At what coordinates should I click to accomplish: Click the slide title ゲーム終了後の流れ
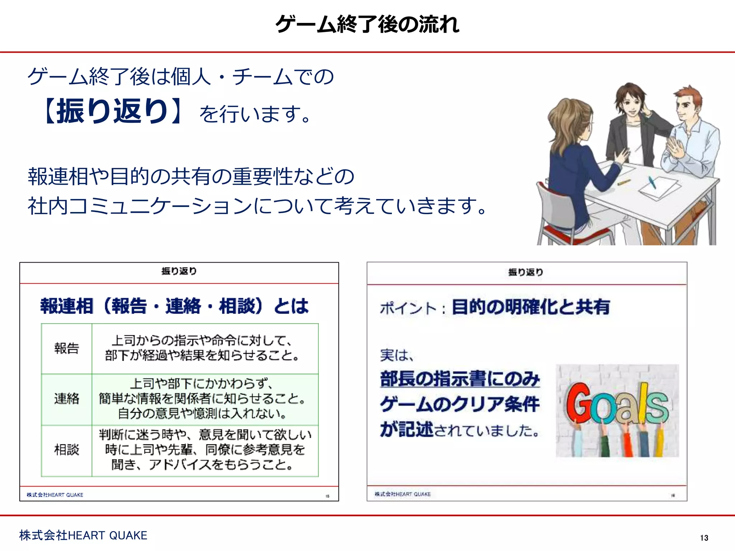click(367, 24)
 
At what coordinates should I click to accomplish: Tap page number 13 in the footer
click(704, 538)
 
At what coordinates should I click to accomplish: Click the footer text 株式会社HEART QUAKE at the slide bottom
click(83, 535)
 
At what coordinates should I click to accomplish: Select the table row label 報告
click(66, 348)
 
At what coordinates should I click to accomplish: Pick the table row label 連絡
click(66, 399)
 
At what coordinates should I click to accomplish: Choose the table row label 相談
click(66, 449)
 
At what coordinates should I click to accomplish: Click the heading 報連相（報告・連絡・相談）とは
click(174, 306)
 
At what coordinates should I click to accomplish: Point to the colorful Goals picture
click(617, 411)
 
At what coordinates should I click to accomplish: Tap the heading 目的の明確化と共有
click(531, 307)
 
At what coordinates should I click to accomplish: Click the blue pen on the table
click(652, 182)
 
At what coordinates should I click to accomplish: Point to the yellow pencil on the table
click(624, 182)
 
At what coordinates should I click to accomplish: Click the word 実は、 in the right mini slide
click(397, 355)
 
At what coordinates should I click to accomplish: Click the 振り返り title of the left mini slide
click(179, 271)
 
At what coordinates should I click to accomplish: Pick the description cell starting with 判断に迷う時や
click(205, 450)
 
